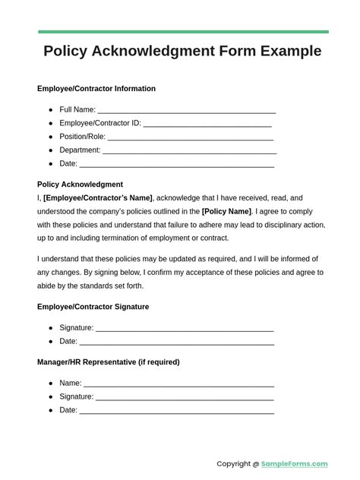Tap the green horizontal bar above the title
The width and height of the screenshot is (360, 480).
(x=183, y=32)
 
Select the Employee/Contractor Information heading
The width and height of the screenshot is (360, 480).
(x=96, y=89)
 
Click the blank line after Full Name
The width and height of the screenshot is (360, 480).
(x=187, y=111)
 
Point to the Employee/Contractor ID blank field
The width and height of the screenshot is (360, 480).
(x=207, y=124)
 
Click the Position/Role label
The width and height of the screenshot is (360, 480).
(x=82, y=137)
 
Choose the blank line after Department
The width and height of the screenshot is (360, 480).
(x=189, y=151)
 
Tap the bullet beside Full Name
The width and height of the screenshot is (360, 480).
(x=51, y=110)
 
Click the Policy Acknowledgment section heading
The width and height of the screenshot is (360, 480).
(x=80, y=185)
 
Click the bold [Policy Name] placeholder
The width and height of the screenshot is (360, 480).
(x=226, y=211)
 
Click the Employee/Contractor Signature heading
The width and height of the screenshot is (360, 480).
(x=93, y=307)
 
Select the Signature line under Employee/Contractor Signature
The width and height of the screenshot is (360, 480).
(x=185, y=329)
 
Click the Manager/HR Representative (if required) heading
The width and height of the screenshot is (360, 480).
(x=109, y=362)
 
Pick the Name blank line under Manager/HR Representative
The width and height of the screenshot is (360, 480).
(x=178, y=384)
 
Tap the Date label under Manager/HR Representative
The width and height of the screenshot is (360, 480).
(x=68, y=410)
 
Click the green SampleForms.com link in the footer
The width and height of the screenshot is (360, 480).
(x=295, y=464)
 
